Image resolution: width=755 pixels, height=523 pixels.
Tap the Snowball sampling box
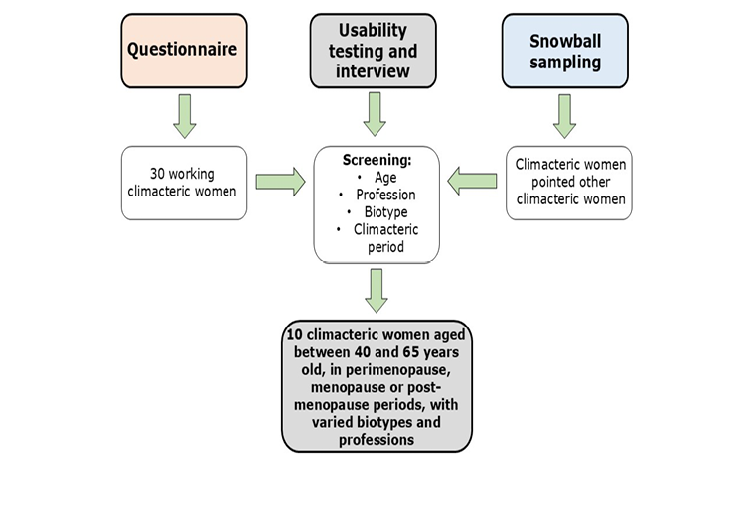click(563, 50)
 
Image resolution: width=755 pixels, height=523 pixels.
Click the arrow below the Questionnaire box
click(184, 115)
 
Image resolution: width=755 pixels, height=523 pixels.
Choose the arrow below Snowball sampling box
click(564, 115)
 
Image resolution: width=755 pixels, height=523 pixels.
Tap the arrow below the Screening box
click(376, 290)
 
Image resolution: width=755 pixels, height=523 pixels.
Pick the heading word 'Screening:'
click(376, 159)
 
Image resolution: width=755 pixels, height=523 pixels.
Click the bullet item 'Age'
click(385, 178)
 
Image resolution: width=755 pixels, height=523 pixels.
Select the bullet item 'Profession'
click(384, 195)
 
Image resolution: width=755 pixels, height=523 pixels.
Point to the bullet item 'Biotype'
click(385, 212)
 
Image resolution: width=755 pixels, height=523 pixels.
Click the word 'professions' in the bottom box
click(376, 439)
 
